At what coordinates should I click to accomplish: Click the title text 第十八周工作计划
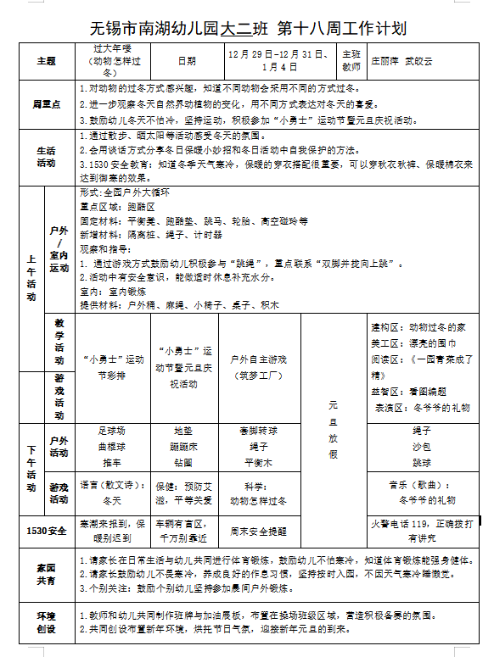point(350,28)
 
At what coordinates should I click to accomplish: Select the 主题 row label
point(46,61)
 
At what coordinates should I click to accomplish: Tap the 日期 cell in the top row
point(187,61)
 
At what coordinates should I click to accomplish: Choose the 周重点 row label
point(46,103)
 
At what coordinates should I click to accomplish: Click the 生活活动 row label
point(46,156)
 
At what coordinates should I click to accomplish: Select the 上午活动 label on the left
point(31,280)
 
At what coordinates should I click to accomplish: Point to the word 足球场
point(112,430)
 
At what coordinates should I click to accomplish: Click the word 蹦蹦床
point(183,446)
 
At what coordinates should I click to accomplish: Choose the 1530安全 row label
point(46,531)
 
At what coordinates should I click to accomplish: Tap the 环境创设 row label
point(46,621)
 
